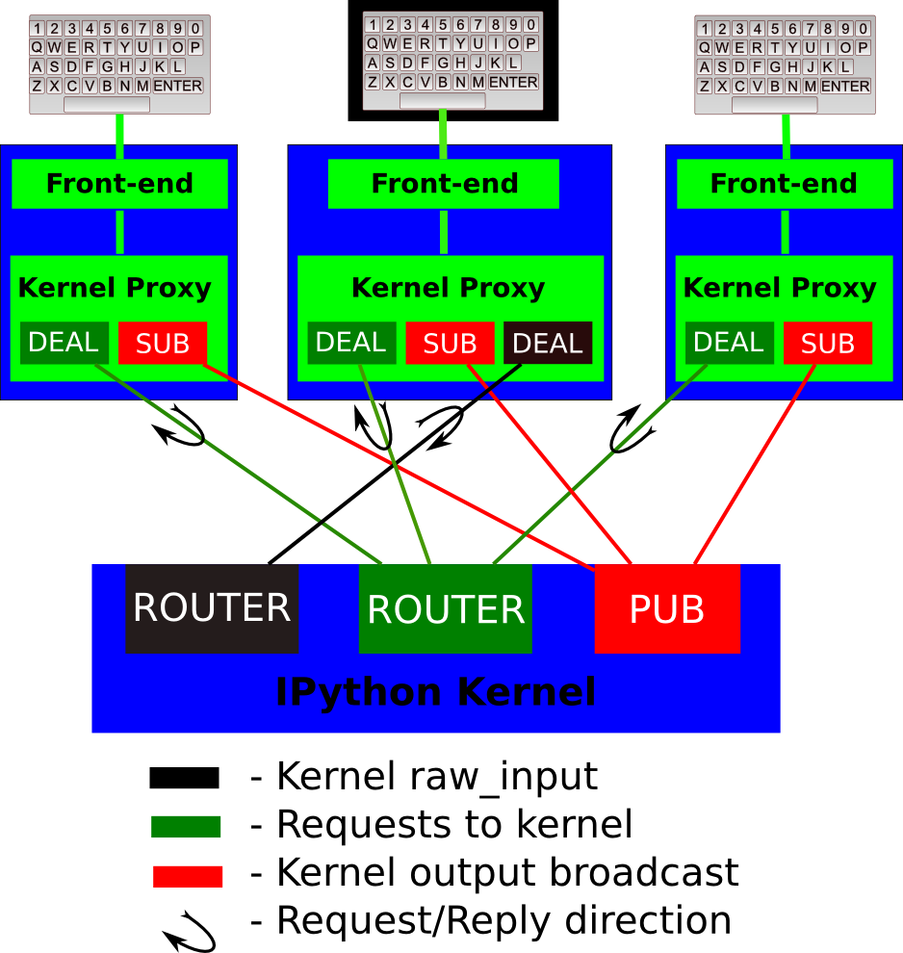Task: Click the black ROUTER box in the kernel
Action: (x=212, y=608)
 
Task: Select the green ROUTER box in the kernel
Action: (x=446, y=608)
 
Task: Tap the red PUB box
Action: (x=667, y=608)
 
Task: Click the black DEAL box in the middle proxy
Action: (x=548, y=343)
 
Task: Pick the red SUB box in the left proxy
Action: (x=163, y=343)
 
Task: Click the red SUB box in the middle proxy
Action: (x=450, y=343)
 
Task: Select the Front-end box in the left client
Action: (x=119, y=184)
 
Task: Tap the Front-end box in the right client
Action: (x=783, y=184)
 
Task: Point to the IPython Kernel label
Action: (x=436, y=692)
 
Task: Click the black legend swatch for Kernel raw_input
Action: (x=185, y=778)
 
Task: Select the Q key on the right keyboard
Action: (x=708, y=46)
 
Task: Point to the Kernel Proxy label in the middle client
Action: (x=449, y=288)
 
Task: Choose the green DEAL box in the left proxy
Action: (x=64, y=343)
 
